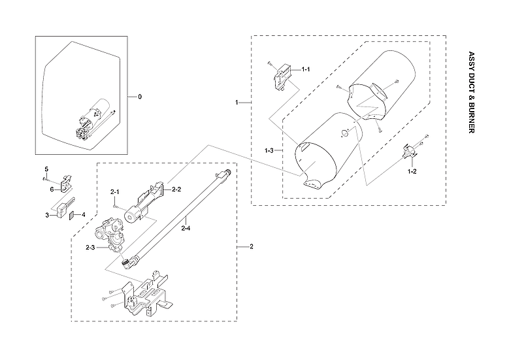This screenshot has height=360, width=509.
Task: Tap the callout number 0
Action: [139, 97]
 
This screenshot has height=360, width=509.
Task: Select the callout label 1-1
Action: [305, 69]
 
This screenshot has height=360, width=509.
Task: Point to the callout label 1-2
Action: [412, 171]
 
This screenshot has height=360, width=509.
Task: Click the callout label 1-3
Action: [269, 151]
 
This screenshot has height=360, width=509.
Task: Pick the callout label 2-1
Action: [114, 191]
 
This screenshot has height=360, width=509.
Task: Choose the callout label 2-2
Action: [176, 189]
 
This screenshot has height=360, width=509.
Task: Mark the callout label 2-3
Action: [90, 248]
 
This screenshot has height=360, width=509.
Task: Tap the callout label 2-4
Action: [186, 228]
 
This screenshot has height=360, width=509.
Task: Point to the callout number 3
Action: [47, 214]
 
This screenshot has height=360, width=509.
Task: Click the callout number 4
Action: [83, 214]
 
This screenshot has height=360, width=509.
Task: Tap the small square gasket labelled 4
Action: [73, 214]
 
